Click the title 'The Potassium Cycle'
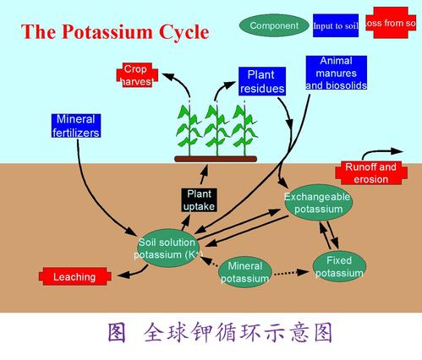point(114,33)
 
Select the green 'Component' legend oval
point(274,25)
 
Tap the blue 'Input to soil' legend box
point(335,25)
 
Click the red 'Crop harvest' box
point(136,75)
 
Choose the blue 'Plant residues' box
point(261,81)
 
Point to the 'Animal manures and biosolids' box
point(336,74)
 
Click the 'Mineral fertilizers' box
point(76,126)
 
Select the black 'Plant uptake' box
point(200,200)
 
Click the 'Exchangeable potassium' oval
point(318,203)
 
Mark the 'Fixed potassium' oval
point(339,267)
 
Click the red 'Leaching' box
point(74,276)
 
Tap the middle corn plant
point(216,127)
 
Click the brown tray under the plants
point(216,157)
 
